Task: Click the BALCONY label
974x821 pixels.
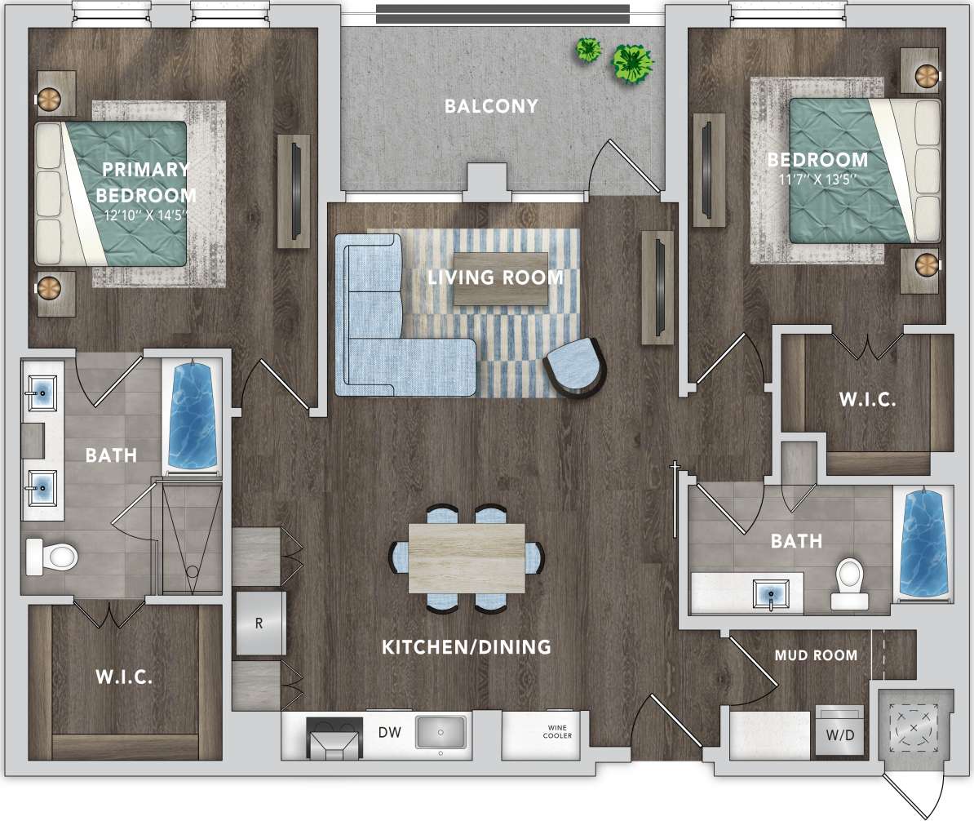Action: pyautogui.click(x=491, y=106)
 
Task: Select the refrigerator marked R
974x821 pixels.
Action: pyautogui.click(x=259, y=624)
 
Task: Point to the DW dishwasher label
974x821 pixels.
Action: pyautogui.click(x=388, y=733)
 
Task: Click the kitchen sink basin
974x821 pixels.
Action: pyautogui.click(x=441, y=731)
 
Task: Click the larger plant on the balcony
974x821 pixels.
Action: pyautogui.click(x=633, y=63)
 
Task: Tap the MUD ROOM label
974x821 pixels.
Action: pyautogui.click(x=816, y=655)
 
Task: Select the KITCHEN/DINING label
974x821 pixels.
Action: pyautogui.click(x=467, y=647)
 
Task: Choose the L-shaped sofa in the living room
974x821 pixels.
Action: pyautogui.click(x=383, y=326)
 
